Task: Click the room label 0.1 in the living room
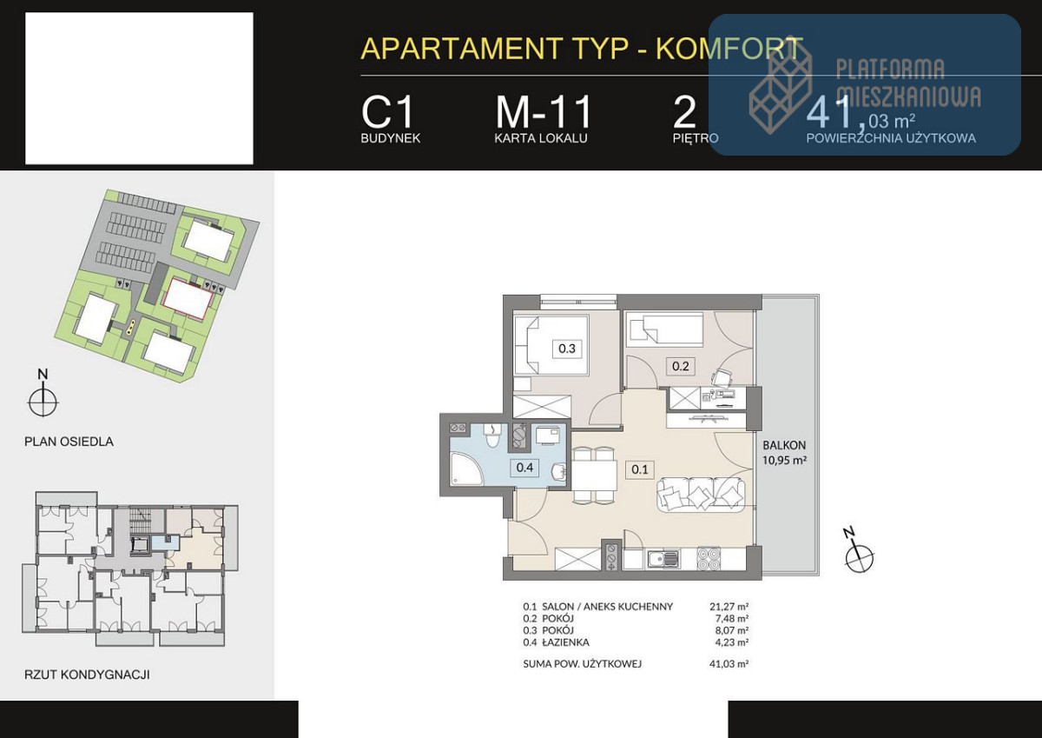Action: pos(640,469)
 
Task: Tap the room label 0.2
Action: pos(681,366)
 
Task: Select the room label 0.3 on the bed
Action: pos(567,349)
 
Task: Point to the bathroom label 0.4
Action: pos(524,467)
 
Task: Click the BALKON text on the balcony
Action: pos(784,445)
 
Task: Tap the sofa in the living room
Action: pos(701,495)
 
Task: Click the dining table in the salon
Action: pos(594,475)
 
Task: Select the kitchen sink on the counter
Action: pos(663,559)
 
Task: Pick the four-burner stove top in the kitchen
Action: pos(709,559)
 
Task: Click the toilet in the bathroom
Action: pos(491,435)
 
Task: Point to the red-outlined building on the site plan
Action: pos(188,298)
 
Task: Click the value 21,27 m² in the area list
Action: pos(729,607)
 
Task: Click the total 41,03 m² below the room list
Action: pos(729,664)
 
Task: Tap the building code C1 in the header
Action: pos(387,112)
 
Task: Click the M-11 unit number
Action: pos(544,112)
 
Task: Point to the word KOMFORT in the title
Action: pos(729,48)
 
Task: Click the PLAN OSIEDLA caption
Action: pos(69,442)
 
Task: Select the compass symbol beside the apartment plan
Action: pos(859,556)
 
